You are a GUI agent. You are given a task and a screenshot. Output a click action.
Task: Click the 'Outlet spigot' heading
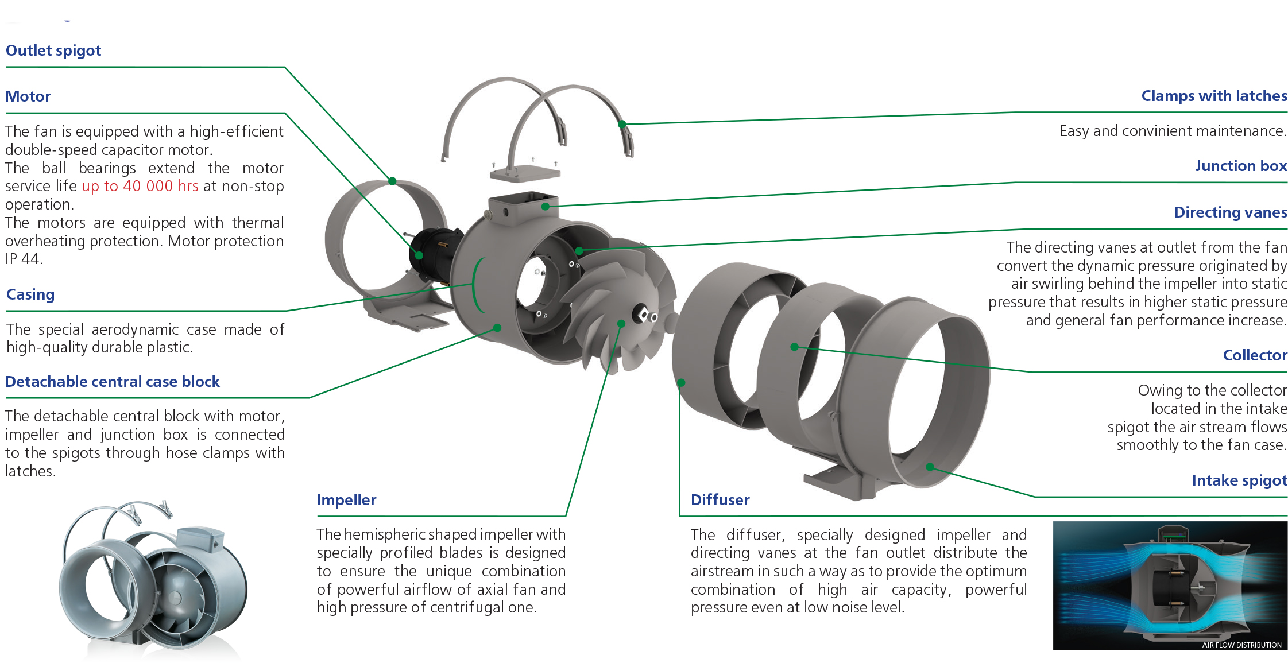pos(53,51)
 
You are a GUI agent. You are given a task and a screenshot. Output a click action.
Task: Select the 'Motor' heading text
pos(28,96)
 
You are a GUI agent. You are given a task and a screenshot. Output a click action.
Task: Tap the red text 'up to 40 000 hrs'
pos(140,186)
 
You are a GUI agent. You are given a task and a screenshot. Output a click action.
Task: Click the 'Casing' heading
pos(30,294)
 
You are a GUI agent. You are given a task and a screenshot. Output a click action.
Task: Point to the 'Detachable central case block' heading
pos(113,382)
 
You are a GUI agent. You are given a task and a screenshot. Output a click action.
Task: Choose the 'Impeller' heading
pos(346,500)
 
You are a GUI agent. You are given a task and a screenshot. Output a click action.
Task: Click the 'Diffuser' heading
pos(720,500)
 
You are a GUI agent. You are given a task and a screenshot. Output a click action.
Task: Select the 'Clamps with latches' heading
pos(1214,96)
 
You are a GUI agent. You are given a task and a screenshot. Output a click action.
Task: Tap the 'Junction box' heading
pos(1241,166)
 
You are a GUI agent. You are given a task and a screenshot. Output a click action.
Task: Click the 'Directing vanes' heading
pos(1231,212)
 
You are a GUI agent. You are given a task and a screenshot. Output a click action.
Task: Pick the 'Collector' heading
pos(1255,355)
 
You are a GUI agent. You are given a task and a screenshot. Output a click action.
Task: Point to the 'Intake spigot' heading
pos(1239,480)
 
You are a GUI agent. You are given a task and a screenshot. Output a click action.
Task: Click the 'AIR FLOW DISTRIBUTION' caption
pos(1241,645)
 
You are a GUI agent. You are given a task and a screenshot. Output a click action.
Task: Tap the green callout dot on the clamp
pos(622,124)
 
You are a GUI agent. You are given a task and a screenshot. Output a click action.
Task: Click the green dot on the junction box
pos(545,207)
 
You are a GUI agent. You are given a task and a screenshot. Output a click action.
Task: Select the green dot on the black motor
pos(419,255)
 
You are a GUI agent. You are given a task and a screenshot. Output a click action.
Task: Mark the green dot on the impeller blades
pos(621,324)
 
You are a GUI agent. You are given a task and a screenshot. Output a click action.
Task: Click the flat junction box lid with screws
pos(525,172)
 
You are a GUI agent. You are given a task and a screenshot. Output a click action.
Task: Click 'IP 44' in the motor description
pos(24,259)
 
